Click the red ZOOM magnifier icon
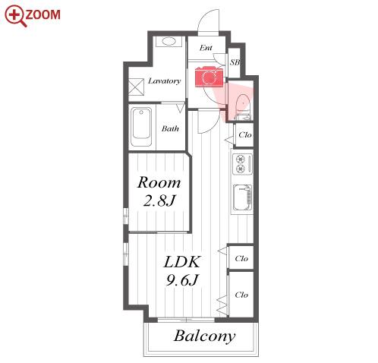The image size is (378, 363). coord(16,16)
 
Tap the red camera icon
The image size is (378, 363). coord(209,77)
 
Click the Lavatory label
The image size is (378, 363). coord(164,81)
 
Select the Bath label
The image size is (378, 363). coord(170,128)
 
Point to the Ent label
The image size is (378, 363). coord(206,48)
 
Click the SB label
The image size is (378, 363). coord(235,62)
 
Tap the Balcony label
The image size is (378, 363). coord(204,336)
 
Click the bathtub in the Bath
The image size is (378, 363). coord(141,127)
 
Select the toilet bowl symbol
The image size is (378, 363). coord(244,105)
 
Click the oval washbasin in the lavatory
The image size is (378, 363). coord(169,42)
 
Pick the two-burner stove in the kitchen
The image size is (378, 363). coord(242,164)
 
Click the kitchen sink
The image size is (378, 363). coord(242,197)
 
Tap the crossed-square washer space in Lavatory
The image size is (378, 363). coord(137,87)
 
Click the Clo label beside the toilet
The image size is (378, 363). coord(245,135)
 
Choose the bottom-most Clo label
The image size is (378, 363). coord(241,295)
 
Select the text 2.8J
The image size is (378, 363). coord(159,200)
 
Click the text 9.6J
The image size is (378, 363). coord(181,279)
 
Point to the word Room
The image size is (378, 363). coord(159,182)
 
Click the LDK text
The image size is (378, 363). coord(182,262)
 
